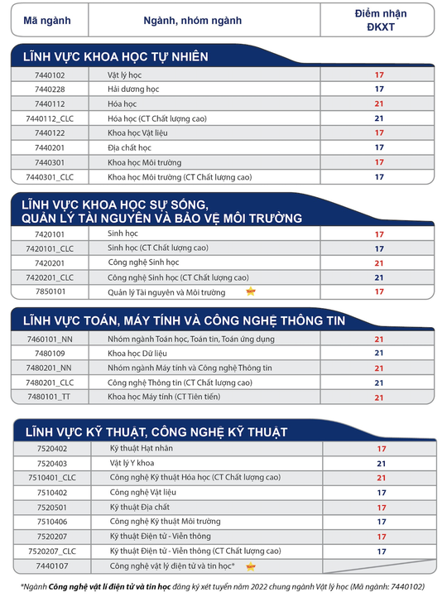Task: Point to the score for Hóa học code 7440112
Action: (379, 104)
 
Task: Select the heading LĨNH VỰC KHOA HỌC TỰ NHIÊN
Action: (116, 57)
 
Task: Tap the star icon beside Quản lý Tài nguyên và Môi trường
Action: (251, 291)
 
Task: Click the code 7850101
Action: (50, 291)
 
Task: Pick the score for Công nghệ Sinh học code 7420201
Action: (379, 263)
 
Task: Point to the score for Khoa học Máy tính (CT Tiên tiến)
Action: (379, 397)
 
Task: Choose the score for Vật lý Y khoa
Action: (382, 464)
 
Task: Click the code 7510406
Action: (52, 522)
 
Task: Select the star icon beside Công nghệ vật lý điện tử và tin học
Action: (250, 566)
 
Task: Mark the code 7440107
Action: (52, 566)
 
